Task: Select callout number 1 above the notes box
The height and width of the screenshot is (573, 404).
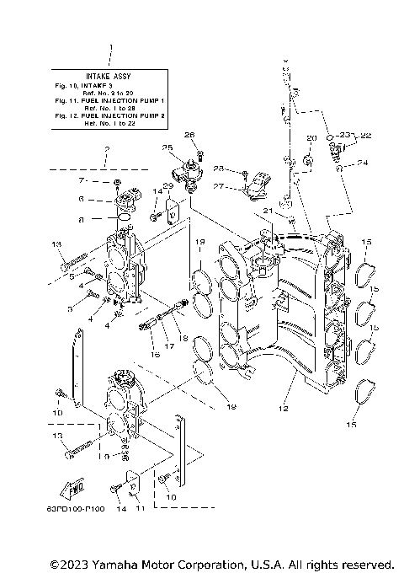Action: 109,49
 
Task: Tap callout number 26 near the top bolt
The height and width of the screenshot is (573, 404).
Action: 189,135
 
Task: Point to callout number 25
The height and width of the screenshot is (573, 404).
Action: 168,148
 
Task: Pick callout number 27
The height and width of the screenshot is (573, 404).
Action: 218,187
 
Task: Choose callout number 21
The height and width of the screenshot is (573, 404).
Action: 266,209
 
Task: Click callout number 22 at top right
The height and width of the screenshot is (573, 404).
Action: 365,135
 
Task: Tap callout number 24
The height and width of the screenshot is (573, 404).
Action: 362,163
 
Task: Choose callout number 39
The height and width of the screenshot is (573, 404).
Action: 168,185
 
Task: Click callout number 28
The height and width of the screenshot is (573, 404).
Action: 218,169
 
